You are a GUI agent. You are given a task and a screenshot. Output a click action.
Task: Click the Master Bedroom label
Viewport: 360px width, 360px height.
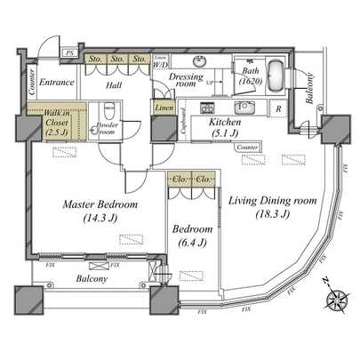(x=100, y=211)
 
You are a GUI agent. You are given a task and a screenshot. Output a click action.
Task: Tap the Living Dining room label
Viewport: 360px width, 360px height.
(x=272, y=208)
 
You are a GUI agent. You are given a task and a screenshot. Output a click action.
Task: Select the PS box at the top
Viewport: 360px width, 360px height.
(x=68, y=53)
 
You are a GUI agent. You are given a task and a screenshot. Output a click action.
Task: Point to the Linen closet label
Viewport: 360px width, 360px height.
(x=164, y=108)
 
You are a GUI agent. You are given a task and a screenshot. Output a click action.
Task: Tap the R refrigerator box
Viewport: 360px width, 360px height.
(x=279, y=110)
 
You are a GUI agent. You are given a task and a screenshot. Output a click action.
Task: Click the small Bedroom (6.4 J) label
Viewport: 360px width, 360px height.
(x=192, y=235)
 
